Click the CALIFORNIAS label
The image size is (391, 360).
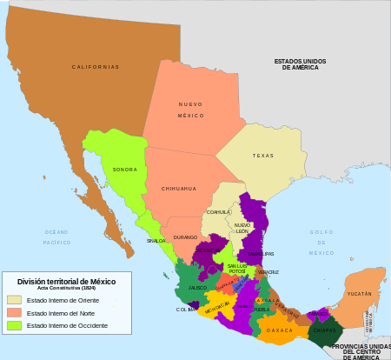96,67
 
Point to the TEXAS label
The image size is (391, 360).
262,156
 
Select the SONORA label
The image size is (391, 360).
125,170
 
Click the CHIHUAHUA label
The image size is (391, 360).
178,188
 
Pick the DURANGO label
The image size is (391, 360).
185,237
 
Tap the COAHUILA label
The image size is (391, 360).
218,211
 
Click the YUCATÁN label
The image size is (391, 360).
359,294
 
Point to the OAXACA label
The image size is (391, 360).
280,330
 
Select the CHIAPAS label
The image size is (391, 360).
325,330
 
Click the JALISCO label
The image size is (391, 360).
197,287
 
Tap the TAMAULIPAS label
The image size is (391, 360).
261,254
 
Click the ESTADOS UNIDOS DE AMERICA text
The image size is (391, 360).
300,63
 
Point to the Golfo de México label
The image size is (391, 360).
321,242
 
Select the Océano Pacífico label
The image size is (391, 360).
56,237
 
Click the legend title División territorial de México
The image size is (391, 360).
66,282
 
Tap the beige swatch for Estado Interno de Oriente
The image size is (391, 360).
14,300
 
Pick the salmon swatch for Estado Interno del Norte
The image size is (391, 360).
14,312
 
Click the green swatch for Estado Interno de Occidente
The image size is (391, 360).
14,325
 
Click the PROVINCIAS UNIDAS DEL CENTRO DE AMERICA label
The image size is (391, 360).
361,350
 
